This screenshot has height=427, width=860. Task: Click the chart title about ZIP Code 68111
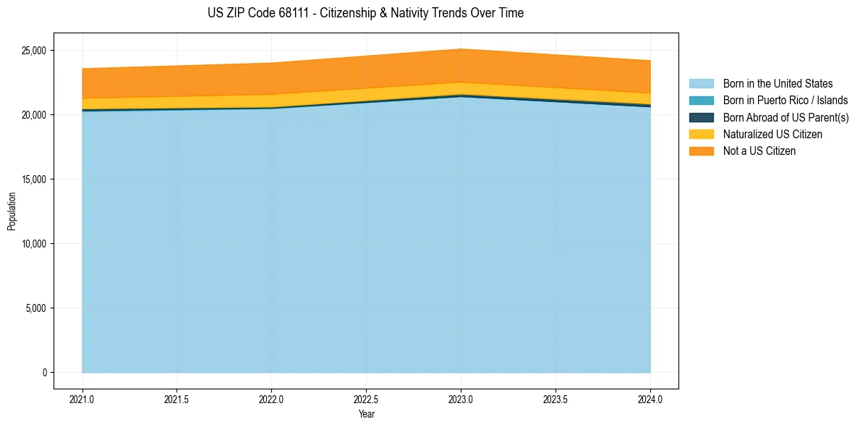click(365, 13)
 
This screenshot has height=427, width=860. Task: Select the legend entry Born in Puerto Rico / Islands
click(785, 101)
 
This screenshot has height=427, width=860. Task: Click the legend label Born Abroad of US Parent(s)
click(786, 117)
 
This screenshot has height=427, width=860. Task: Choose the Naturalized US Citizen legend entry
click(772, 134)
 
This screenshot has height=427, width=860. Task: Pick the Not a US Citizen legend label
click(759, 151)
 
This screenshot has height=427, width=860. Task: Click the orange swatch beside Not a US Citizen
click(701, 151)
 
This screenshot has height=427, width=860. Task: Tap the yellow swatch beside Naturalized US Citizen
click(701, 134)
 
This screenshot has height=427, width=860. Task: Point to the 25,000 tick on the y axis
click(34, 51)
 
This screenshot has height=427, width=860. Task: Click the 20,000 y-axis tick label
click(34, 115)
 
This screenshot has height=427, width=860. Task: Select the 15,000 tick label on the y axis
click(34, 179)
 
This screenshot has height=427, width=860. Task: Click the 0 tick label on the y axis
click(44, 373)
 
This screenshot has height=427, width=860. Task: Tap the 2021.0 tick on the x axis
click(82, 399)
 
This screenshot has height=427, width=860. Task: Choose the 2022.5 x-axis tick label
click(366, 399)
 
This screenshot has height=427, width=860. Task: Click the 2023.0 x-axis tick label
click(461, 399)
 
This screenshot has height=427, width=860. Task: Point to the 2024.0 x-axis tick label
click(650, 399)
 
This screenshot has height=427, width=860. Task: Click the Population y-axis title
click(12, 211)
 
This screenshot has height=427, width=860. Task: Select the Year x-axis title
click(366, 415)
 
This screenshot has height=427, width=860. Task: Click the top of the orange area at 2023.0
click(461, 49)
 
